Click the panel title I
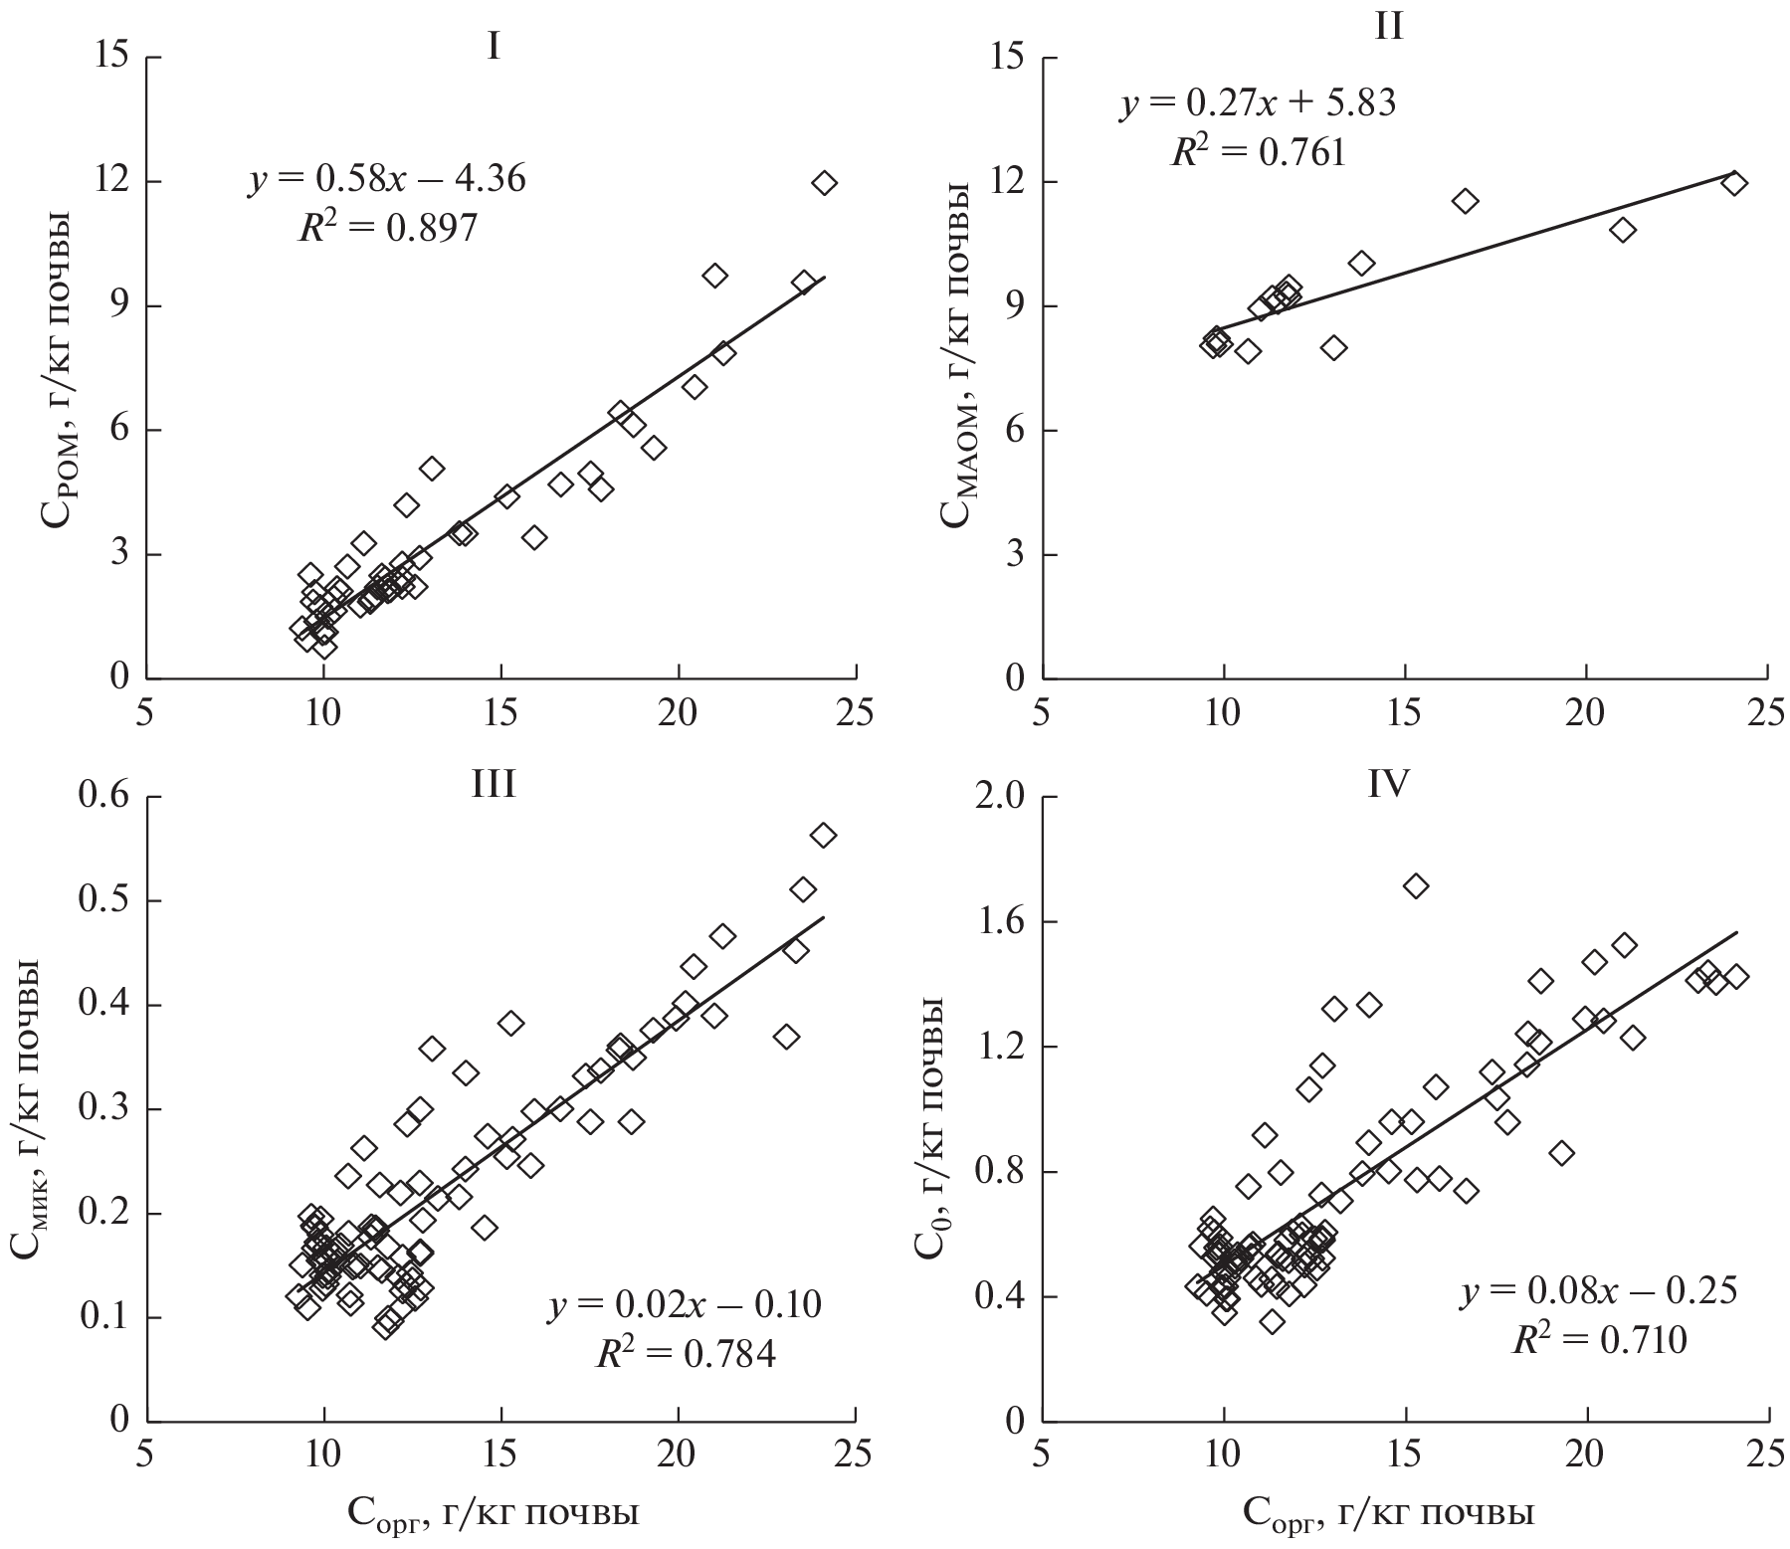(493, 47)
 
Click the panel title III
(493, 785)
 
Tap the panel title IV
(1387, 785)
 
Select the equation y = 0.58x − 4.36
(387, 180)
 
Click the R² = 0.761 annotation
(1258, 152)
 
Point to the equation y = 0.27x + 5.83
(1258, 103)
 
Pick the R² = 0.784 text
(686, 1353)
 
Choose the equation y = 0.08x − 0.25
(1599, 1291)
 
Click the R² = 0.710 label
(1599, 1340)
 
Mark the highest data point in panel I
(824, 183)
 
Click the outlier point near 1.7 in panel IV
(1415, 885)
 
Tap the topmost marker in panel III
(823, 836)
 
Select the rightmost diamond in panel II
(1734, 183)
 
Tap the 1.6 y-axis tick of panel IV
(1003, 922)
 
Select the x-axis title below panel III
(493, 1513)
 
